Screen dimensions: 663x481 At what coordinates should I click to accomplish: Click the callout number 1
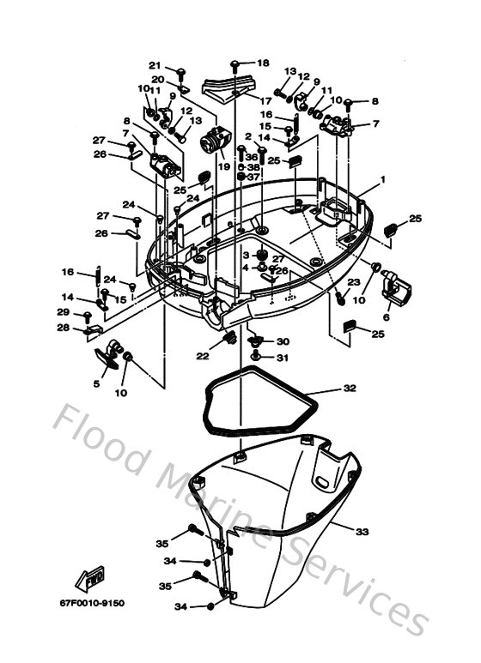(x=383, y=181)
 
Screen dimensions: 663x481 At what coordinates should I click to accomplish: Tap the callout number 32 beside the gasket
(x=350, y=389)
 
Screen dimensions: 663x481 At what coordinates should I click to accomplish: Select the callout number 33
(x=362, y=532)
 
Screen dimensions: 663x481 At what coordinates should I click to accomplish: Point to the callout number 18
(x=263, y=63)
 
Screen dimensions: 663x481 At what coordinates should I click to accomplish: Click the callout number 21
(x=155, y=65)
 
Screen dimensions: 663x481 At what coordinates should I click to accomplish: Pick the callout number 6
(x=386, y=316)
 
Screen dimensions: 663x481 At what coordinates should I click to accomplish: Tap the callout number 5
(x=96, y=383)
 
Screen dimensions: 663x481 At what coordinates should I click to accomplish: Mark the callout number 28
(x=63, y=328)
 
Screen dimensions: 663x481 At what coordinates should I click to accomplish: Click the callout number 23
(x=354, y=282)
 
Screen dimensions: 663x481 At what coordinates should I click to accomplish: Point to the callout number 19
(x=224, y=166)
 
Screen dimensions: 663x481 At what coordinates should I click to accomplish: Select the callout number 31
(x=283, y=358)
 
